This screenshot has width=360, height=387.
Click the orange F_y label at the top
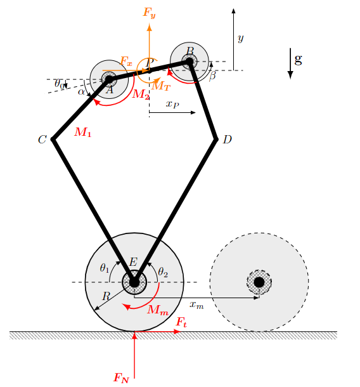pos(150,12)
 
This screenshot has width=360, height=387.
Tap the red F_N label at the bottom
pos(121,377)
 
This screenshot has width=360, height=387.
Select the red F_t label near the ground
pos(181,322)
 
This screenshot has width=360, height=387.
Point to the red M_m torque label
pos(158,310)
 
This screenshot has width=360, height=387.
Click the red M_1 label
pos(83,133)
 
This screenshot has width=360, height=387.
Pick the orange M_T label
pos(161,86)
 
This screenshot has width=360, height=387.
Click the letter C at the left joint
pos(42,140)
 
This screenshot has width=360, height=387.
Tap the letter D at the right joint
pos(228,140)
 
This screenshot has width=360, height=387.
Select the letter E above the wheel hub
pos(133,262)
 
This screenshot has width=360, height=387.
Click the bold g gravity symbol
pos(299,59)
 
